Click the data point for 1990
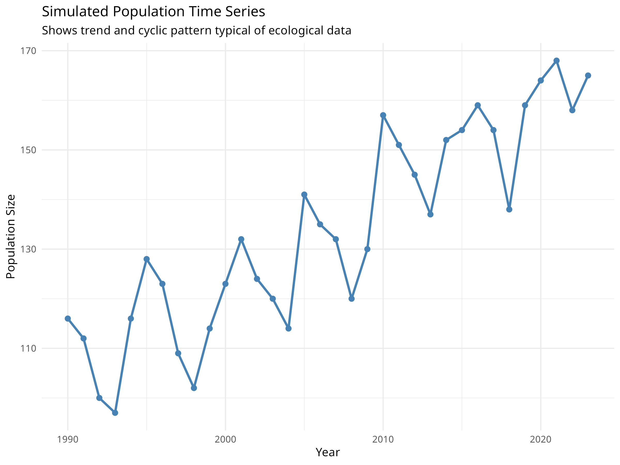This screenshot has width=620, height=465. pyautogui.click(x=68, y=319)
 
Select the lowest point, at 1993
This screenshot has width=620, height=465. pyautogui.click(x=115, y=413)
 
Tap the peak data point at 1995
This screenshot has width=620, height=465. pyautogui.click(x=146, y=259)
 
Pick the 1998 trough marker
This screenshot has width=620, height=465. pyautogui.click(x=194, y=388)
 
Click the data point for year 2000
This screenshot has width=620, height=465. pyautogui.click(x=225, y=284)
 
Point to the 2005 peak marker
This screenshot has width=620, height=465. pyautogui.click(x=304, y=195)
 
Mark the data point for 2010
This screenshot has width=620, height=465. pyautogui.click(x=383, y=115)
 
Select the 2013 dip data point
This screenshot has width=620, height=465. pyautogui.click(x=431, y=214)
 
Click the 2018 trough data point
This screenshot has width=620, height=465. pyautogui.click(x=509, y=209)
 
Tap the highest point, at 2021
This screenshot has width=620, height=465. pyautogui.click(x=557, y=60)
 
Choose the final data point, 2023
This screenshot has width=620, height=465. pyautogui.click(x=588, y=75)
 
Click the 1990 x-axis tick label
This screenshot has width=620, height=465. pyautogui.click(x=68, y=439)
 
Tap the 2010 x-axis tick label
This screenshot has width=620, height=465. pyautogui.click(x=383, y=439)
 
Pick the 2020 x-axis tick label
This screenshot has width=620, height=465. pyautogui.click(x=541, y=439)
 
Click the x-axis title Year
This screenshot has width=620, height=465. pyautogui.click(x=328, y=452)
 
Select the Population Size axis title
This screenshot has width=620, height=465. pyautogui.click(x=11, y=237)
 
